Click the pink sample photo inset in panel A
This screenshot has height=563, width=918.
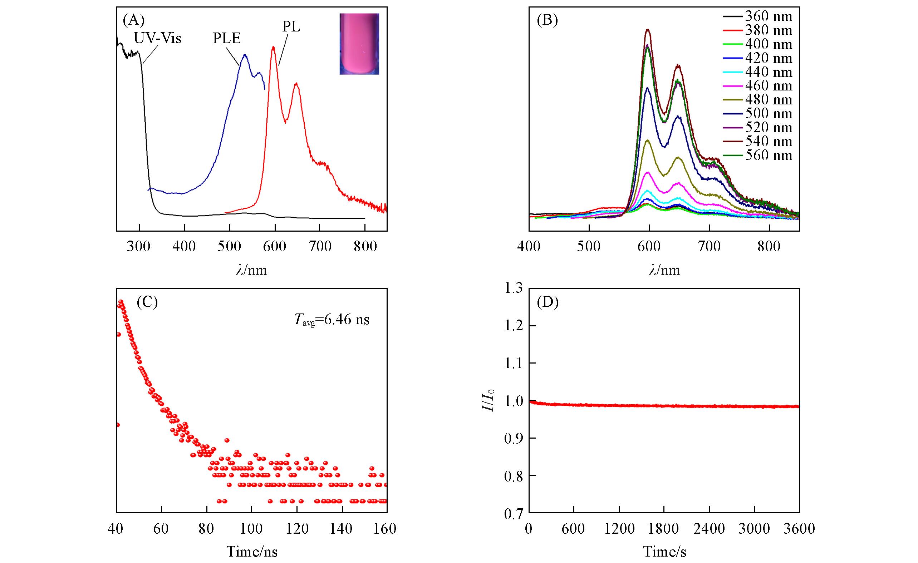point(359,44)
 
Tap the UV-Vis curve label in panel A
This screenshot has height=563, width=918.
point(157,38)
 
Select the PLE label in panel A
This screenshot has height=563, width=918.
point(226,39)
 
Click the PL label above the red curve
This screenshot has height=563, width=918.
point(291,27)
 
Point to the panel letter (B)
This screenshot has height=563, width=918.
point(547,20)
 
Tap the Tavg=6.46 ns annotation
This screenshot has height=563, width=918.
point(332,320)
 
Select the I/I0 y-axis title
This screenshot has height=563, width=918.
point(488,400)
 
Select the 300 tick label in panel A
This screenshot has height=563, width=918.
point(139,247)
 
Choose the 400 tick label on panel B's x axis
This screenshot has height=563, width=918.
point(529,247)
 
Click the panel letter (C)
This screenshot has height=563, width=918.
point(148,303)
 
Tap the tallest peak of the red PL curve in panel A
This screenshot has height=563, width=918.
point(274,47)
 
